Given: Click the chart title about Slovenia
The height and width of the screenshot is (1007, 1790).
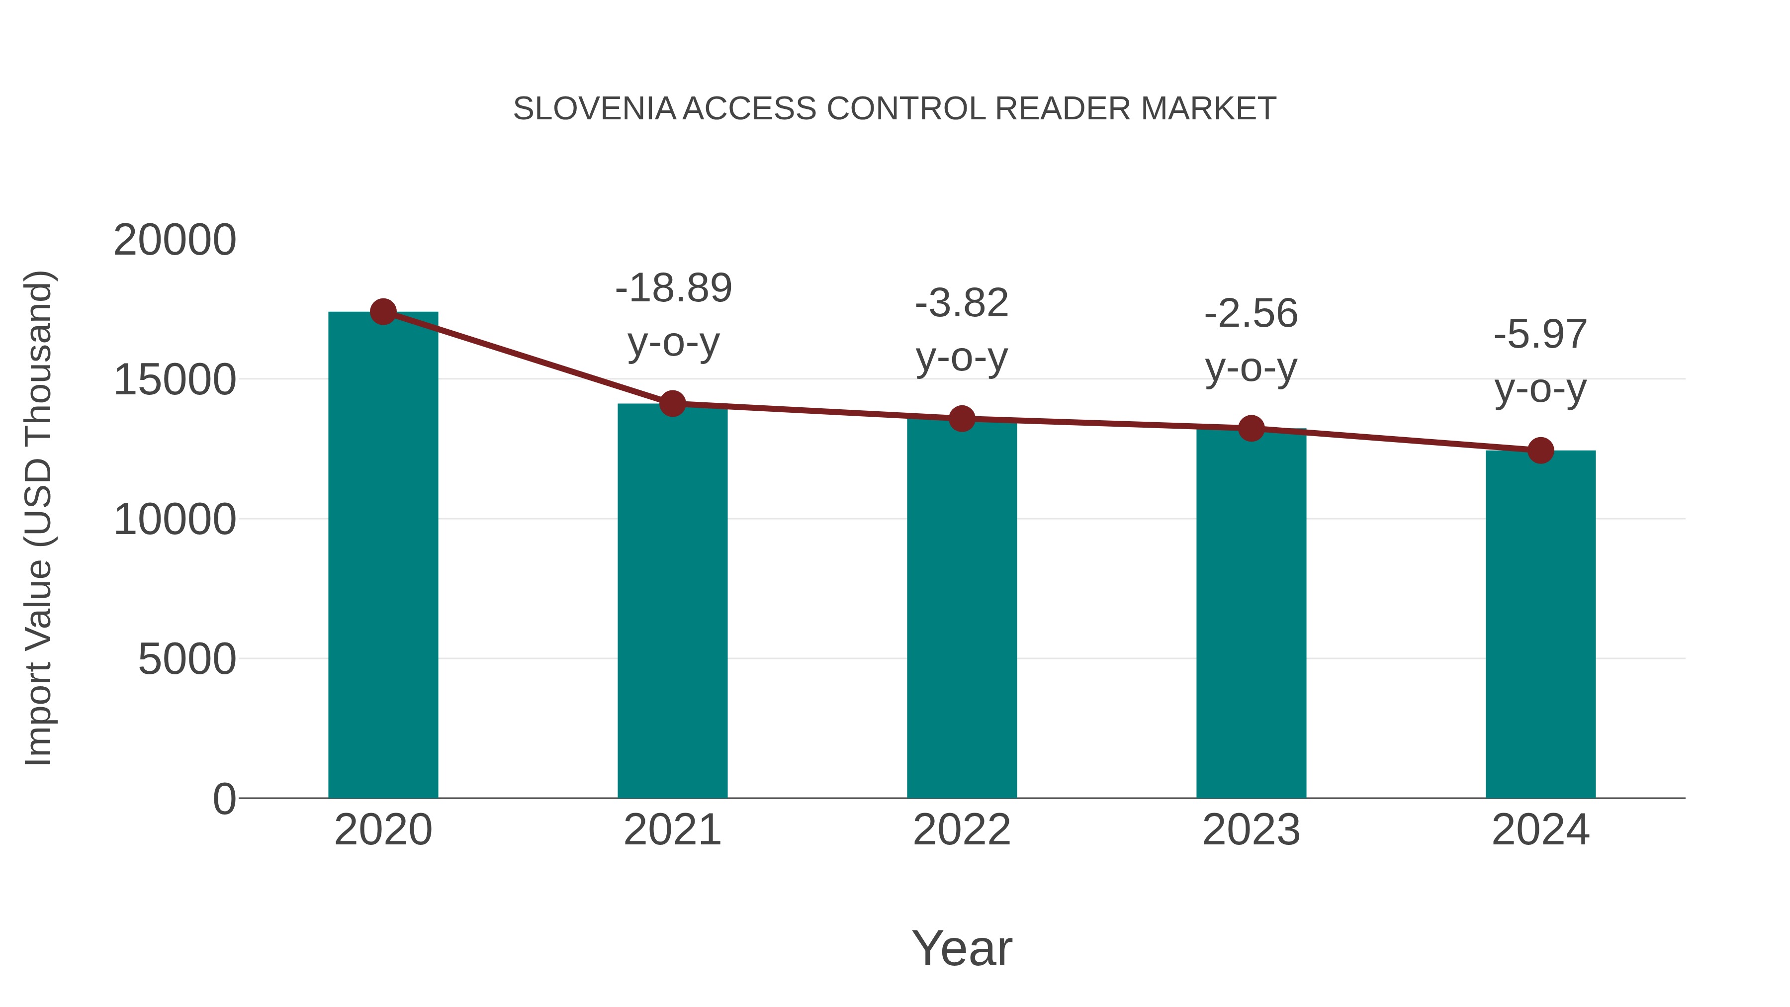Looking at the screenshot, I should tap(895, 109).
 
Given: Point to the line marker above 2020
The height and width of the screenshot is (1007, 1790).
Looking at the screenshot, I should tap(383, 312).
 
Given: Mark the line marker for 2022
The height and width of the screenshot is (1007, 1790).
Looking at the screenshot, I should tap(962, 418).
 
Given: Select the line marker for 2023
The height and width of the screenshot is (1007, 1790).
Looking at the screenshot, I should tap(1251, 428).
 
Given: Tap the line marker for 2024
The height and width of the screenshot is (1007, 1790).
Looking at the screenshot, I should tap(1540, 451).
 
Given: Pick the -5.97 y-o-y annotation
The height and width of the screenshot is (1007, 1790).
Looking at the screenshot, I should tap(1540, 362).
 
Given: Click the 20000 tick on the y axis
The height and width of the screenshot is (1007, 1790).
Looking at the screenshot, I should tap(175, 241).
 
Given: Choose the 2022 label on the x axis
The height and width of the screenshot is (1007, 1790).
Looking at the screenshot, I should tap(962, 830).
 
